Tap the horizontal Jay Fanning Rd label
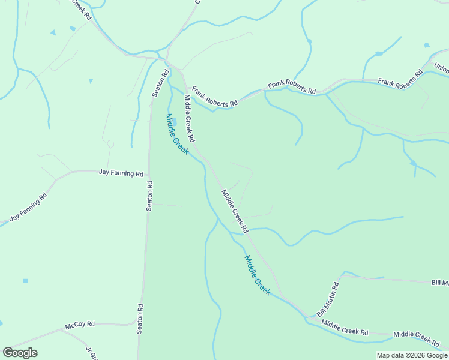pyautogui.click(x=121, y=173)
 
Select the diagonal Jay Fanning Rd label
pyautogui.click(x=28, y=208)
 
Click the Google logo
pyautogui.click(x=20, y=353)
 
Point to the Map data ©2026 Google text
pyautogui.click(x=412, y=355)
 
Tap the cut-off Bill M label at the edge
pyautogui.click(x=440, y=282)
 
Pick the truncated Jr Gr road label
pyautogui.click(x=91, y=353)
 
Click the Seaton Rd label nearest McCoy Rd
pyautogui.click(x=140, y=319)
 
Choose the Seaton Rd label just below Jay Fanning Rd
pyautogui.click(x=150, y=196)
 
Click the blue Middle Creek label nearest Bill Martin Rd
pyautogui.click(x=257, y=275)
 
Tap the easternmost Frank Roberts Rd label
pyautogui.click(x=400, y=79)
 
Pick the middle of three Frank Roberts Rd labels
pyautogui.click(x=292, y=88)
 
